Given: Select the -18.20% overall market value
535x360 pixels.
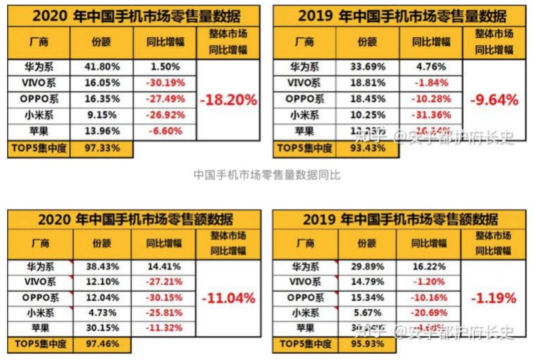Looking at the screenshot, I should click(x=228, y=100).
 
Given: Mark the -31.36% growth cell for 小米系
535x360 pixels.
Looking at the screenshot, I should click(x=430, y=116).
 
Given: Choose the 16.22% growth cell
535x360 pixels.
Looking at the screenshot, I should click(x=430, y=265).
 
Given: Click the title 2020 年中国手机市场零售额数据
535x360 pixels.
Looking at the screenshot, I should click(x=135, y=220).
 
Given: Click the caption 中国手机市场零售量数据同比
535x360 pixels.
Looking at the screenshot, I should click(x=267, y=175).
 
